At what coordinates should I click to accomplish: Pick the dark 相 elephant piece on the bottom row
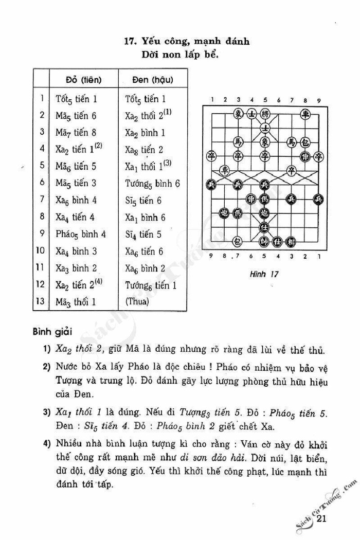(x=292, y=240)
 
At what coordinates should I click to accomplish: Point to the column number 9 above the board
(x=319, y=100)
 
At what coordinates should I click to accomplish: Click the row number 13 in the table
(x=41, y=301)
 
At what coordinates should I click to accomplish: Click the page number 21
(x=322, y=519)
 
